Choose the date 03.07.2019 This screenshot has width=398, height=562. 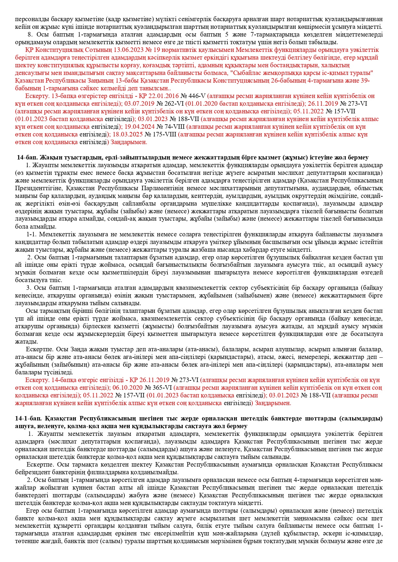pos(140,104)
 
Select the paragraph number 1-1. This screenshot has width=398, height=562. pos(31,234)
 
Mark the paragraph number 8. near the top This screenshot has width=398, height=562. pos(30,35)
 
